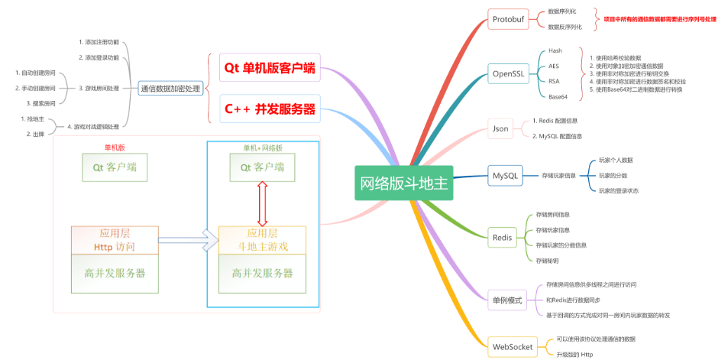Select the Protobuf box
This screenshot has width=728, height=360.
coord(508,19)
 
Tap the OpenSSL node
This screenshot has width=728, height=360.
coord(508,74)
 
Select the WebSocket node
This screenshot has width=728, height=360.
coord(513,346)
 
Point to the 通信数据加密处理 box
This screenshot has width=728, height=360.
coord(170,89)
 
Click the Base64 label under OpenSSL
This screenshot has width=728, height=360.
coord(558,97)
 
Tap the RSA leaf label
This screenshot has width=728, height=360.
coord(554,81)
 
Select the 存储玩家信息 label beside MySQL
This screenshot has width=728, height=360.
coord(559,176)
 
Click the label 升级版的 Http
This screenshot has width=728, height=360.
coord(575,355)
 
